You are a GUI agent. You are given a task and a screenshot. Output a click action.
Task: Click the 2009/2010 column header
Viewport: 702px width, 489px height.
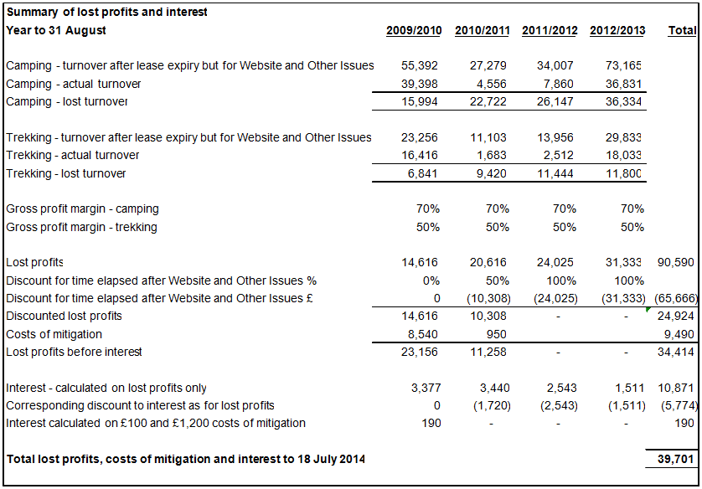414,31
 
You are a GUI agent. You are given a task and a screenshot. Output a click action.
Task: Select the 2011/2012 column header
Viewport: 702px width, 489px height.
550,31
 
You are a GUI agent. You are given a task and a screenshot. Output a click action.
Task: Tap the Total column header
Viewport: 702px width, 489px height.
682,31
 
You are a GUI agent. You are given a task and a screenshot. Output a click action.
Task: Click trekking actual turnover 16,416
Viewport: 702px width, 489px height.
421,156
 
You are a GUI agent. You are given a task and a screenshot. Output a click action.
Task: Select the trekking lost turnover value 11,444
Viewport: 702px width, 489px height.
560,174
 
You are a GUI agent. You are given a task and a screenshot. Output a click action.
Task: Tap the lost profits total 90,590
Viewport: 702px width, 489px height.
678,263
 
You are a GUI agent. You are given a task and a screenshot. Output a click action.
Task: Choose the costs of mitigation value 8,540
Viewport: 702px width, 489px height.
421,334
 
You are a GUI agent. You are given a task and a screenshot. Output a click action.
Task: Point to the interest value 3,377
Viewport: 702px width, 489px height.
424,389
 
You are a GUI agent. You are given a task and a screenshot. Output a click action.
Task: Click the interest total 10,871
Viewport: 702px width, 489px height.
678,389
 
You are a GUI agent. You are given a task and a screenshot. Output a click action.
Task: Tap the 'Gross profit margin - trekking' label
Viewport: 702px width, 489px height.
81,228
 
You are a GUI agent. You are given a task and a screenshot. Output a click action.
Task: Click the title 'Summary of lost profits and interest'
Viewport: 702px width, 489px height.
106,13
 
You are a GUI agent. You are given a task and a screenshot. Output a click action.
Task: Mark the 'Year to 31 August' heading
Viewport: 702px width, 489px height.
56,31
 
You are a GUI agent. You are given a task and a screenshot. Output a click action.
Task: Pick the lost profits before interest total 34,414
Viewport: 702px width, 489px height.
678,353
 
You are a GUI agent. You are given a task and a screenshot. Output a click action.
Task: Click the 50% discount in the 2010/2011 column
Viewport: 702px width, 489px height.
498,281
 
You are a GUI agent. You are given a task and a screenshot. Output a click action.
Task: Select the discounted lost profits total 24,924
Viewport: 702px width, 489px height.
678,317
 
